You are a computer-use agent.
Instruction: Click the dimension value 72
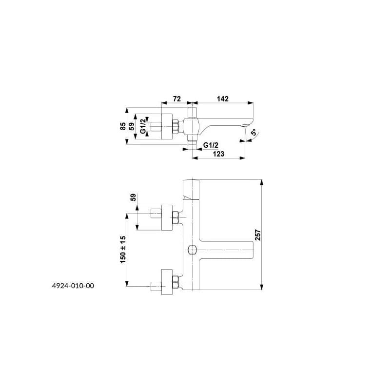tap(176, 99)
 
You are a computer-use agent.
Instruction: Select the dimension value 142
tap(223, 99)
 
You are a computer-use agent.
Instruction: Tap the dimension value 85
tap(123, 126)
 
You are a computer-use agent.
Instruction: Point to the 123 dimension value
tap(218, 154)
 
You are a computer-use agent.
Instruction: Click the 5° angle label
tap(253, 132)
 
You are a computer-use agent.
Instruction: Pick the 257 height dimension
tap(258, 235)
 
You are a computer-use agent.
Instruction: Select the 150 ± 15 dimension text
tap(123, 250)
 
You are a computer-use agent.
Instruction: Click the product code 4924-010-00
tap(73, 286)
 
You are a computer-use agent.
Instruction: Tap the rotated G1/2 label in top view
tap(143, 126)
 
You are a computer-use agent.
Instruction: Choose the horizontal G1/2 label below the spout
tap(211, 145)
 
